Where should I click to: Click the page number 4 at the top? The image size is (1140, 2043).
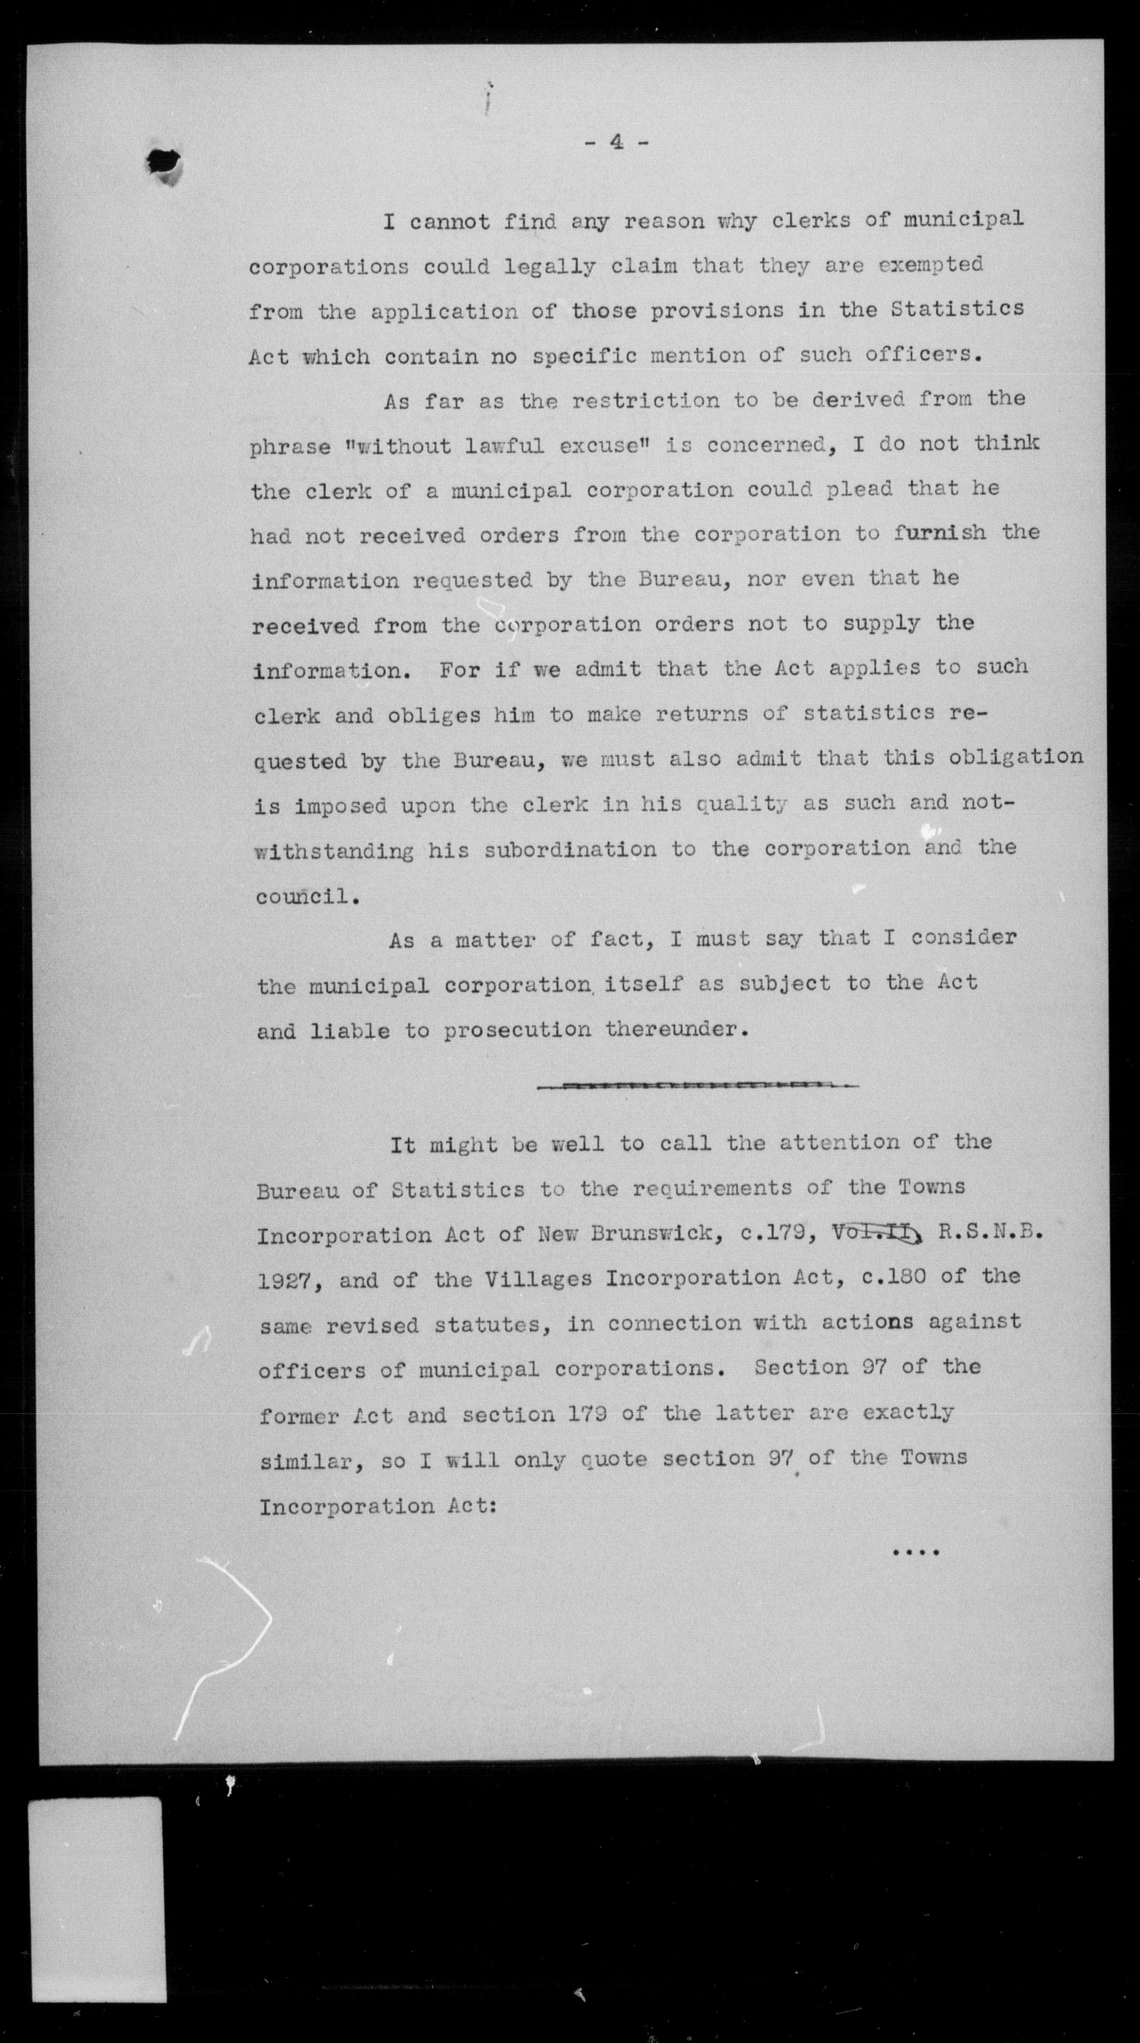(616, 143)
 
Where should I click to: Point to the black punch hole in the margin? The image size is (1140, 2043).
(164, 163)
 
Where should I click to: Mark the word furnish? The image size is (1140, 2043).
(941, 533)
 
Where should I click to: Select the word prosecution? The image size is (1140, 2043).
(517, 1030)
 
